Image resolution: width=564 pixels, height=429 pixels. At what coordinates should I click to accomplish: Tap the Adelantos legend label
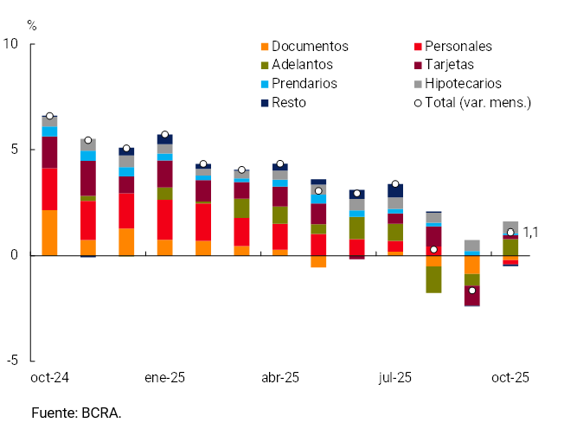coord(302,65)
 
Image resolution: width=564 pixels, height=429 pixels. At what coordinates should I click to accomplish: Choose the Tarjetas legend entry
coord(454,65)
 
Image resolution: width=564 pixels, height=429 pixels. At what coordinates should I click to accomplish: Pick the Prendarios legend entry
coord(304,84)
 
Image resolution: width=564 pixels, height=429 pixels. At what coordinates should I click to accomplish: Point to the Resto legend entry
coord(289,103)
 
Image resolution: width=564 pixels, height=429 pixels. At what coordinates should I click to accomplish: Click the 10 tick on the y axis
coord(12,44)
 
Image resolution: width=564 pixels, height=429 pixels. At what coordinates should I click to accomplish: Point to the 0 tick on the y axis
coord(16,255)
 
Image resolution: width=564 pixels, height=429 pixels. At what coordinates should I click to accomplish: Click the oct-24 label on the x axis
coord(49,378)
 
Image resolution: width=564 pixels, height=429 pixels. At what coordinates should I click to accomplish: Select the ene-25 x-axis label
coord(164,378)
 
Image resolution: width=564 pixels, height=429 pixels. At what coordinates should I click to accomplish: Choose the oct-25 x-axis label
coord(510,378)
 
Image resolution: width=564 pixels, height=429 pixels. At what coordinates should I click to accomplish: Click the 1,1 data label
coord(532,232)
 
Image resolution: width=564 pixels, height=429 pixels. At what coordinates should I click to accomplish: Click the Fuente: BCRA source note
coord(76,413)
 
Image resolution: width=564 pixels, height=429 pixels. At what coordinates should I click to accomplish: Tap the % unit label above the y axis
coord(32,25)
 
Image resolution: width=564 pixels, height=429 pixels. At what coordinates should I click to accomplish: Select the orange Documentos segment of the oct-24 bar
coord(49,233)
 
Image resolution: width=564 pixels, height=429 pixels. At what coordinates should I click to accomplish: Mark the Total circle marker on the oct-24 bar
coord(49,116)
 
